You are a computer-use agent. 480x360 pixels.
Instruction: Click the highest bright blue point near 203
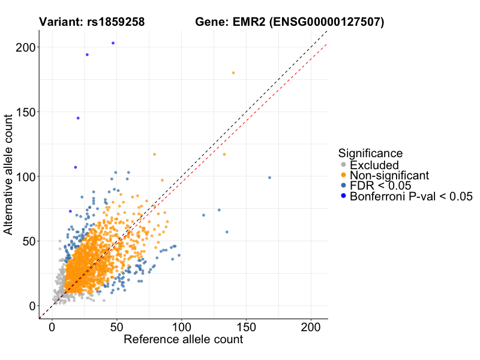113,43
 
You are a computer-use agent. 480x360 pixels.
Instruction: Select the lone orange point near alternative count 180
233,73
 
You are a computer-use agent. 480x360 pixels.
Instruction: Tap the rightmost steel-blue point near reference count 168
269,178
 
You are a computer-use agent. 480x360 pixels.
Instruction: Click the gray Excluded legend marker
343,165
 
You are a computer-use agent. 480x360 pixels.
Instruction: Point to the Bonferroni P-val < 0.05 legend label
412,196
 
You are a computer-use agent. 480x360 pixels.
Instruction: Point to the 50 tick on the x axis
116,329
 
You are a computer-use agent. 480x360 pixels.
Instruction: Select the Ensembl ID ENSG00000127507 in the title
326,23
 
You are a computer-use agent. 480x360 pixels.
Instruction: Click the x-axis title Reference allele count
183,340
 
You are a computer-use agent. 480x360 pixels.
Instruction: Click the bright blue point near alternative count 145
78,118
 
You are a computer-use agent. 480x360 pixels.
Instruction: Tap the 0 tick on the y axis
32,306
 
